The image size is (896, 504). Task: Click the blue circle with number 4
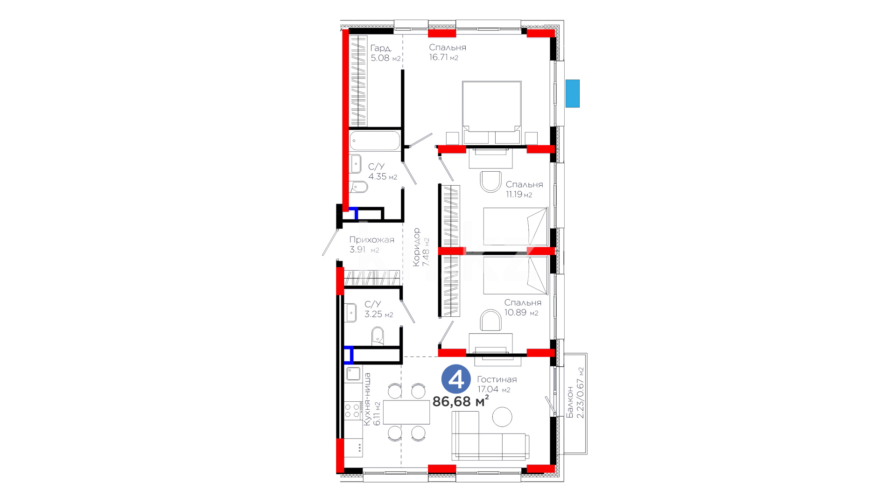coord(456,379)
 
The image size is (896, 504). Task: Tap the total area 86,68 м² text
coord(461,401)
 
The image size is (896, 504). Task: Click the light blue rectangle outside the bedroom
coord(573,93)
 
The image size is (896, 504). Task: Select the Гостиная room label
coord(497,379)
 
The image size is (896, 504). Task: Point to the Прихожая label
coord(372,240)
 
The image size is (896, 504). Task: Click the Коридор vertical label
coord(416,247)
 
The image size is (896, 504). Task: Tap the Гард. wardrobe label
coord(381,48)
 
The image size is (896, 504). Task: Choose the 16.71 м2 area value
coord(444,57)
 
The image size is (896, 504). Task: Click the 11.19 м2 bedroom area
coord(519,195)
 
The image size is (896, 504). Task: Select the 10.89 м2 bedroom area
coord(521,313)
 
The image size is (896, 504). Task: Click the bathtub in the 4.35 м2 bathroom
coord(375,140)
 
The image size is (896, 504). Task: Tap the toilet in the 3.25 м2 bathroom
coord(378,336)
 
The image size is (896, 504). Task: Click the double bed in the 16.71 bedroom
coord(492,112)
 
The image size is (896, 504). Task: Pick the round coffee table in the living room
coord(502,417)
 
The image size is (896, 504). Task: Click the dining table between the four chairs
coord(406,412)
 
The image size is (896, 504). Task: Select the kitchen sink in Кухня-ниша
coord(353,374)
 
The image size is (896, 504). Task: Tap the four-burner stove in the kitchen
coord(353,411)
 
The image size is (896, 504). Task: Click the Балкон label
coord(570,402)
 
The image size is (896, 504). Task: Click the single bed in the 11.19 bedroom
coord(515,226)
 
